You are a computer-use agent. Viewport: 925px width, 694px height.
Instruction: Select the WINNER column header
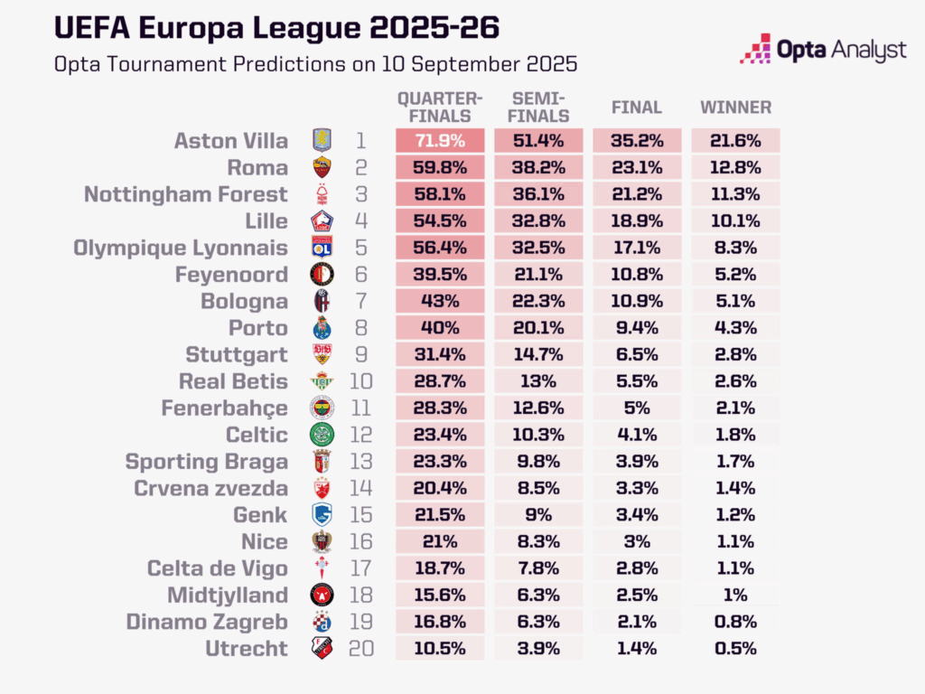coord(736,108)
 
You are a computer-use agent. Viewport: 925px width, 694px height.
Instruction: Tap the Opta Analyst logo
coord(822,49)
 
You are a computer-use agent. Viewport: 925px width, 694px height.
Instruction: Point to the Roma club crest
coord(322,167)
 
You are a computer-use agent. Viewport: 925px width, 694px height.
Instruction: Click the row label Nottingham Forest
coord(186,194)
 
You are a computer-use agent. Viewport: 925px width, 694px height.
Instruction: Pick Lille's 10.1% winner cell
coord(736,221)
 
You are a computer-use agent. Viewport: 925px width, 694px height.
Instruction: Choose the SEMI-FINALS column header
coord(540,108)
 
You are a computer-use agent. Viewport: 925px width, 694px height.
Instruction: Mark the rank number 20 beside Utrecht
coord(361,649)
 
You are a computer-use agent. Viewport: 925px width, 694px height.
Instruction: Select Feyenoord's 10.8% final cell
coord(638,275)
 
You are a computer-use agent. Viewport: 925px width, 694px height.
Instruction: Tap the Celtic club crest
coord(322,435)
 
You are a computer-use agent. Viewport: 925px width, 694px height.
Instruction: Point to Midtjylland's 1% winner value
coord(736,596)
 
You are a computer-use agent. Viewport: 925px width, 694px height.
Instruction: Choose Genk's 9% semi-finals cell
coord(540,515)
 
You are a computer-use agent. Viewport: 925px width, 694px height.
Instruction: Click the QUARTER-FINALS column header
coord(441,108)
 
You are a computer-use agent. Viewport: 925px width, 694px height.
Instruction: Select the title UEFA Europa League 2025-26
coord(276,27)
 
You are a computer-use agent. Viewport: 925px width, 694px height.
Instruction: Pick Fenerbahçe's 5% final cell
coord(638,408)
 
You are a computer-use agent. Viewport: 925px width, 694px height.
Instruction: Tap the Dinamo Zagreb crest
coord(322,622)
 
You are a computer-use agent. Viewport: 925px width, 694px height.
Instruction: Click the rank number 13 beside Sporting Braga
coord(361,462)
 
